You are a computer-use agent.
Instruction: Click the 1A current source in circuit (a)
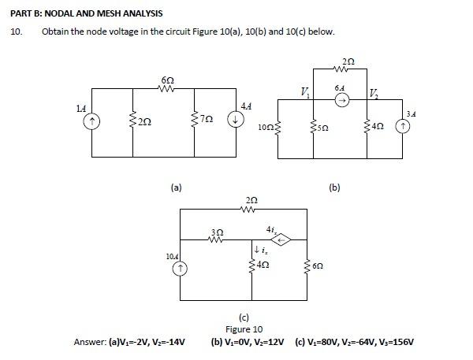pos(93,121)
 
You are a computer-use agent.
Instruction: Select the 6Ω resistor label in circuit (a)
pos(167,80)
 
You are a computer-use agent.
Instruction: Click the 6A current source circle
pos(341,101)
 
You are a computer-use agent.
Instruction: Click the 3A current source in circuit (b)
pos(409,125)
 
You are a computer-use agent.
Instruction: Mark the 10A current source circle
pos(180,269)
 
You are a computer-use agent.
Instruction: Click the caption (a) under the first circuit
pos(177,187)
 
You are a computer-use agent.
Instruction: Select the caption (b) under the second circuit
pos(335,187)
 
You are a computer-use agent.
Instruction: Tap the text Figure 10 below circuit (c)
pos(244,329)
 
